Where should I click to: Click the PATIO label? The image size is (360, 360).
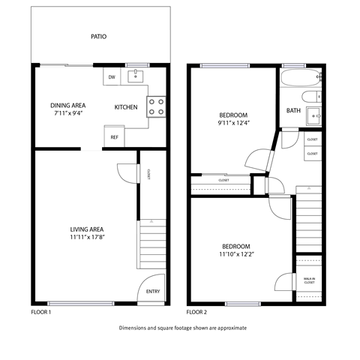[97, 35]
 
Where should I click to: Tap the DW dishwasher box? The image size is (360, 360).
[112, 76]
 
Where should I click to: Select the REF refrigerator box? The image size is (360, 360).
[114, 136]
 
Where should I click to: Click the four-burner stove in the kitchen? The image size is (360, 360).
[156, 106]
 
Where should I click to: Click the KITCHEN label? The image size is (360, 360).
[125, 107]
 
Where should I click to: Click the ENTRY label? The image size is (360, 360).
[153, 292]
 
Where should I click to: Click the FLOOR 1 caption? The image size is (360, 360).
[40, 311]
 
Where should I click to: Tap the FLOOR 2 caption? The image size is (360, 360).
[196, 311]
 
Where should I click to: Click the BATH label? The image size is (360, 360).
[292, 111]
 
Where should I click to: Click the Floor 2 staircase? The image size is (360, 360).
[308, 221]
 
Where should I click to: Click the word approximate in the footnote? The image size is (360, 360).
[229, 328]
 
